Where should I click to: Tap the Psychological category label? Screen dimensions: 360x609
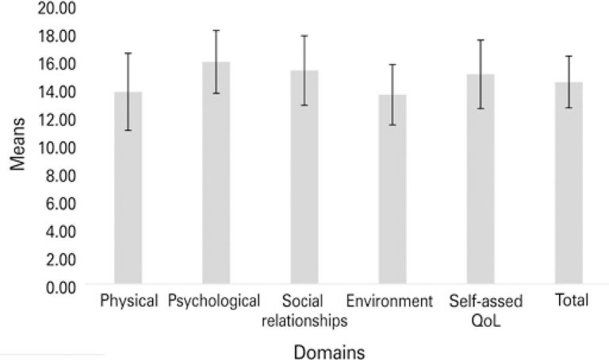tap(214, 302)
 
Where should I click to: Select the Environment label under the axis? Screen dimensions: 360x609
tap(389, 302)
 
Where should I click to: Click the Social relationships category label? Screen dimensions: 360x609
tap(304, 311)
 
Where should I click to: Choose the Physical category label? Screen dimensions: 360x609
tap(129, 302)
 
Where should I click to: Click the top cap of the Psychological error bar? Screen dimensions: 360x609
tap(216, 30)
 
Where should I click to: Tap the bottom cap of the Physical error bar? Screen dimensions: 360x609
tap(128, 130)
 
